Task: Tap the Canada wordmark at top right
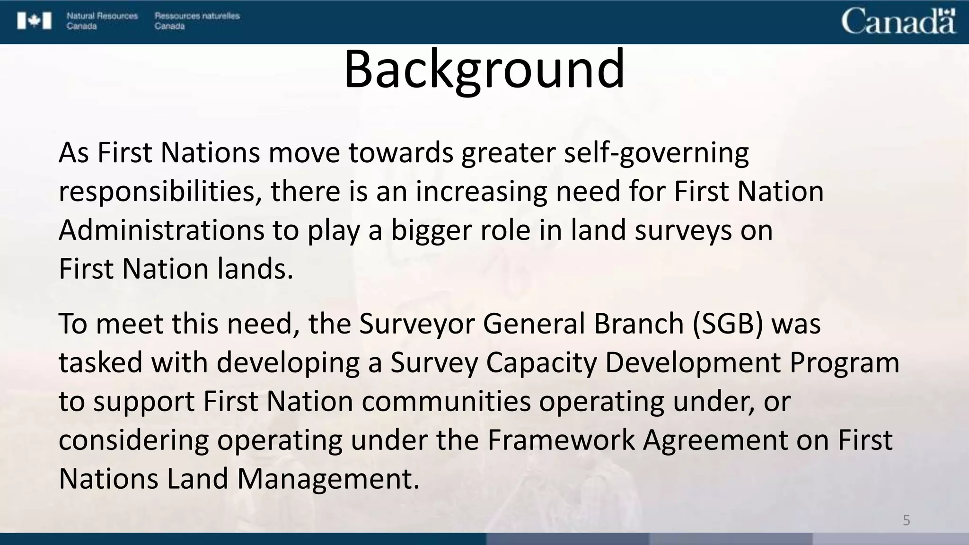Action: (x=898, y=22)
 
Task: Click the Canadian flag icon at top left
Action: (x=34, y=21)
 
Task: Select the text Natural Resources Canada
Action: (x=102, y=21)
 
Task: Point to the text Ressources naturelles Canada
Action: (x=197, y=21)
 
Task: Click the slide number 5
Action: (x=906, y=520)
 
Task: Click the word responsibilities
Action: (x=160, y=192)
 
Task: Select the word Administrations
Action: (x=161, y=231)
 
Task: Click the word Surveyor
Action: (x=416, y=324)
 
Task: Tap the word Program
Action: (x=844, y=363)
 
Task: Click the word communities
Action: (x=447, y=402)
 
